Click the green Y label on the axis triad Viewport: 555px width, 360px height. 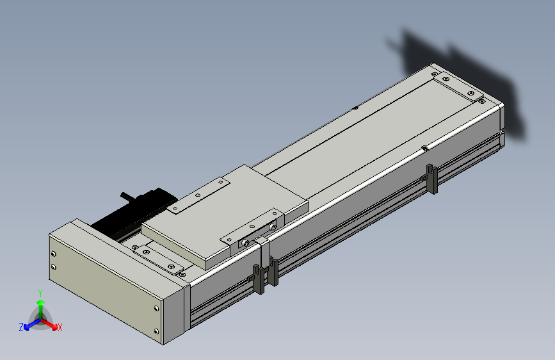coord(40,293)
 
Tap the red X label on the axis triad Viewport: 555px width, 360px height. coord(60,327)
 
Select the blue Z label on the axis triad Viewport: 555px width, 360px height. coord(21,327)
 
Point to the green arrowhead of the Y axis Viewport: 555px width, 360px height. coord(41,302)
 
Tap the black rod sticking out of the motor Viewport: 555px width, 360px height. coord(127,197)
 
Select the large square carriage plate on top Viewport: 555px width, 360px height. coord(225,216)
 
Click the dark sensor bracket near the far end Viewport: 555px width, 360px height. coord(432,179)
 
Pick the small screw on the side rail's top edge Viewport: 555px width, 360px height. coord(425,148)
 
